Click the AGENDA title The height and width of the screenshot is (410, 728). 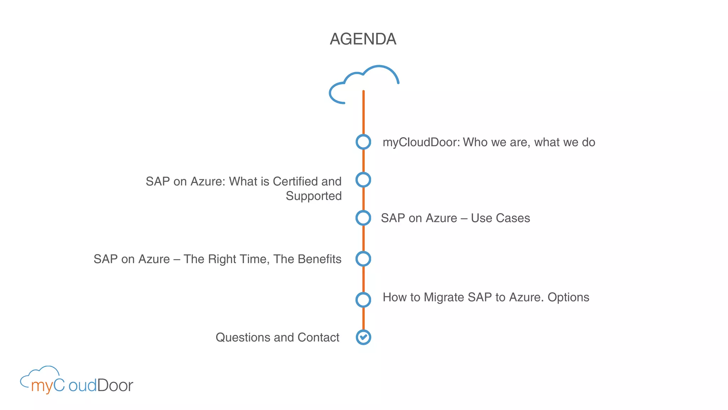(363, 39)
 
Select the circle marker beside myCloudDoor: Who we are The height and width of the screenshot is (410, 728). (363, 142)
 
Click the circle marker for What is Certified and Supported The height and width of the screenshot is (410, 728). (363, 180)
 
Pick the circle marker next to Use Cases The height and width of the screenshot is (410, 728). (363, 218)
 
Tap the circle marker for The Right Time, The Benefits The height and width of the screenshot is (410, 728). (363, 259)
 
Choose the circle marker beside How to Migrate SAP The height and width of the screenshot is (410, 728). (363, 300)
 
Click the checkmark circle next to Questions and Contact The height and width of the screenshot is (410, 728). (363, 337)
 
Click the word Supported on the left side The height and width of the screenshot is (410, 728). (314, 196)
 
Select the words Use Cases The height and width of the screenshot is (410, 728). (500, 218)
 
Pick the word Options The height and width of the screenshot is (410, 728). (568, 297)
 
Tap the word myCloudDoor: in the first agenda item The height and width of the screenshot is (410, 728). (421, 142)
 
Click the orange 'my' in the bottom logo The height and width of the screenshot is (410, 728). (42, 386)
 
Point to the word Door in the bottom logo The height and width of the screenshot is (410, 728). (115, 385)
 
